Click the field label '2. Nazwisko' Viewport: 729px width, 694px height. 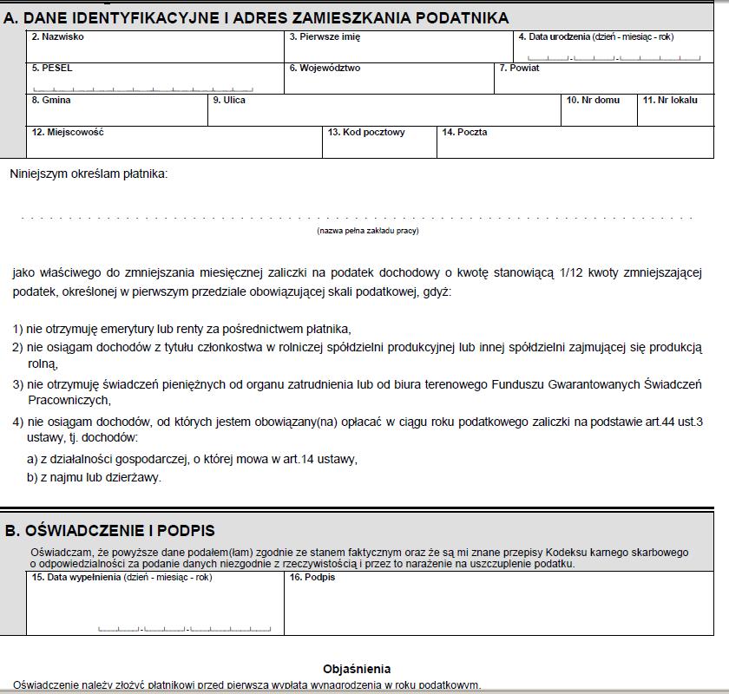[57, 37]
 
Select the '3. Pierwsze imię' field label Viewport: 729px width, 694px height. [325, 37]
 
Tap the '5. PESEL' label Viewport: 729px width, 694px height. [52, 68]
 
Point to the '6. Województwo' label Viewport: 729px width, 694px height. [325, 68]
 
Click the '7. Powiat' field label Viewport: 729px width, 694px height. [519, 68]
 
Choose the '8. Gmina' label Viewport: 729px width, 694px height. [51, 100]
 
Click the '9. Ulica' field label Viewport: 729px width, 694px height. [229, 100]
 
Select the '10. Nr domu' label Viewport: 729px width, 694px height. [593, 100]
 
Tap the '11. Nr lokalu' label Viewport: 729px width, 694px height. [669, 100]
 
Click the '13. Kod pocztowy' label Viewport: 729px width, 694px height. [366, 132]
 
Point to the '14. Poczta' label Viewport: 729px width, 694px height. [464, 132]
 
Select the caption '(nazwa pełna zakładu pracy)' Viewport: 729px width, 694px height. [368, 231]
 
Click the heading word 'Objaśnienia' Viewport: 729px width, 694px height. [357, 669]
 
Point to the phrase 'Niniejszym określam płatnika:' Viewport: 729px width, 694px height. [89, 173]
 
